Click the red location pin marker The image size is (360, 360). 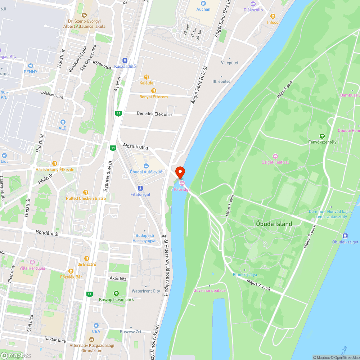click(x=180, y=172)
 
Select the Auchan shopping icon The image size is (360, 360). click(x=203, y=3)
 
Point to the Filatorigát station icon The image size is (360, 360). click(x=140, y=188)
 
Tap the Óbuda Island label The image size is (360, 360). click(x=274, y=224)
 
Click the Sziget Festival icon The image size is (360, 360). click(x=275, y=156)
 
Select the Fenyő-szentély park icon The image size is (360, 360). click(x=322, y=136)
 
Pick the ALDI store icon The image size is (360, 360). click(x=63, y=122)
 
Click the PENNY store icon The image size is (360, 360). click(x=31, y=66)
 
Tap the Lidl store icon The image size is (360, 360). click(x=4, y=156)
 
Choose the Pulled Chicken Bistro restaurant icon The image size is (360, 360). click(x=86, y=192)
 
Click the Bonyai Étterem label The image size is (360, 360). click(x=153, y=97)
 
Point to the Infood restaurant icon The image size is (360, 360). click(x=273, y=16)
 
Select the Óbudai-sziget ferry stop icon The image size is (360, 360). click(x=345, y=236)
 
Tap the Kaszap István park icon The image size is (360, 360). click(x=116, y=293)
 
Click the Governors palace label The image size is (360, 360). click(x=209, y=291)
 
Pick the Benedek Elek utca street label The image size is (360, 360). click(x=154, y=114)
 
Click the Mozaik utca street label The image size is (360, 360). click(x=135, y=147)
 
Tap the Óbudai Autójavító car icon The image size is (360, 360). click(x=146, y=166)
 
